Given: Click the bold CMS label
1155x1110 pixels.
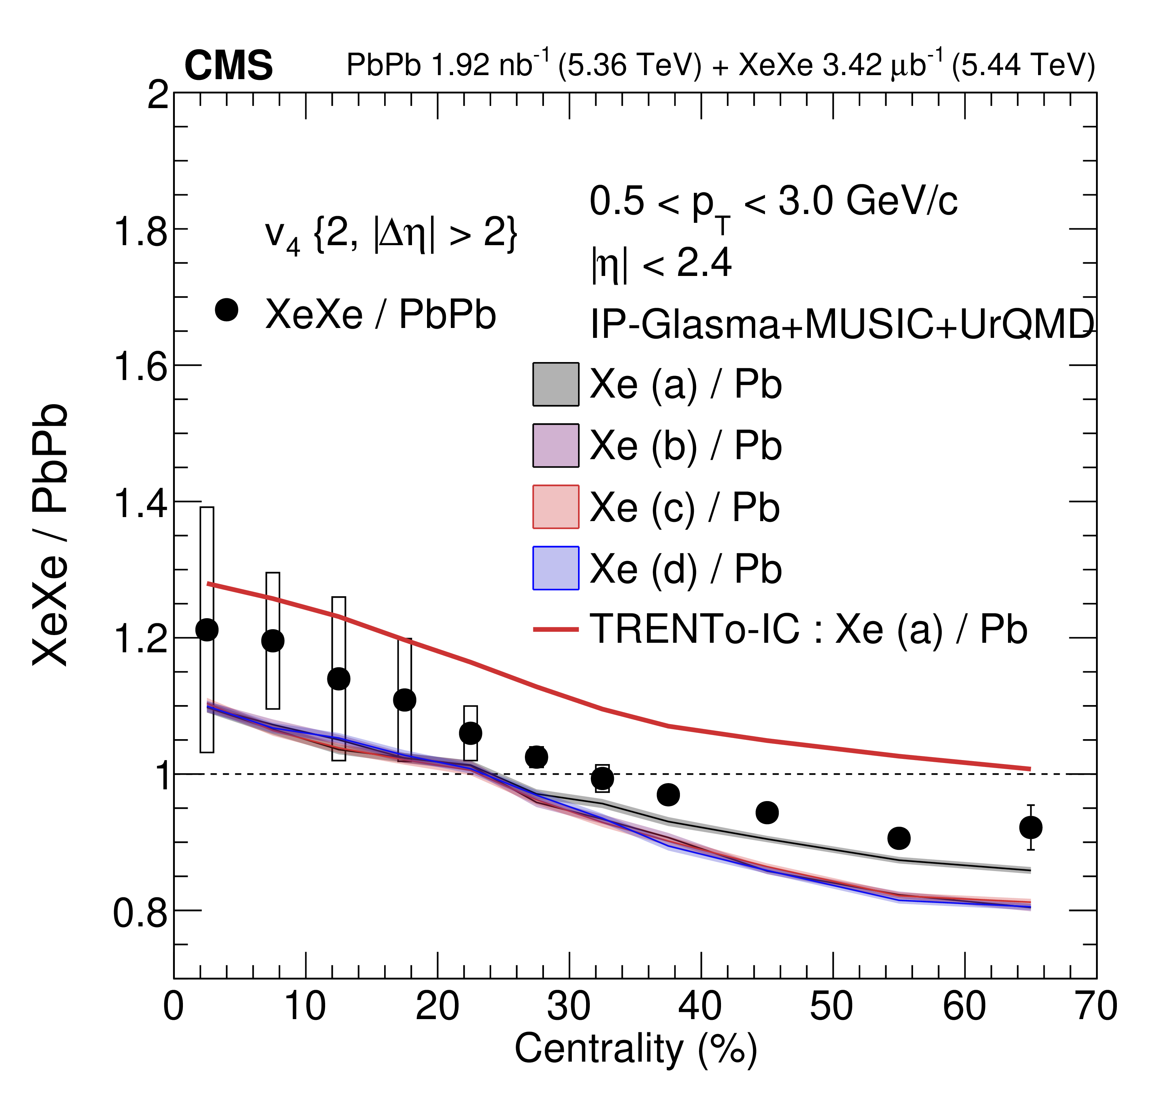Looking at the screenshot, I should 229,65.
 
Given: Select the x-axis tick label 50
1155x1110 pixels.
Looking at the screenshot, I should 831,1006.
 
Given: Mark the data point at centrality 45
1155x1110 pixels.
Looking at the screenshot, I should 767,812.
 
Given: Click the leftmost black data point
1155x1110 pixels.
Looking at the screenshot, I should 207,630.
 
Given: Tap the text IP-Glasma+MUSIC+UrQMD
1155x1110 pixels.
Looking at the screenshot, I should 842,324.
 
